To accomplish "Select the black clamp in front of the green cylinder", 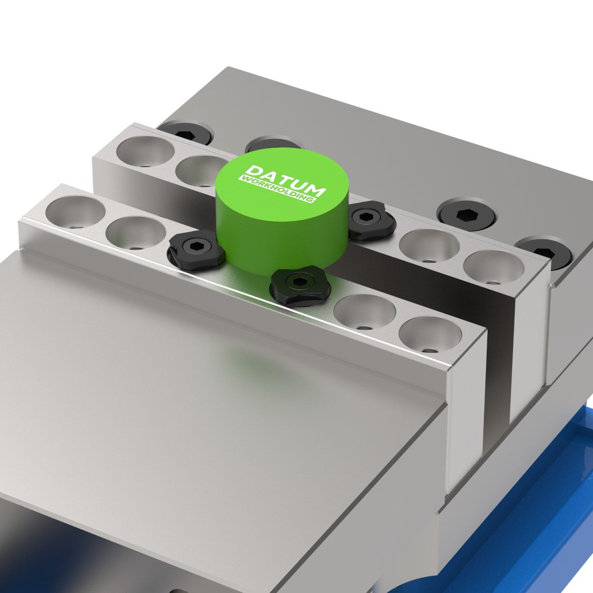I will click(x=299, y=286).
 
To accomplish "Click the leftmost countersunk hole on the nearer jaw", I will click(x=75, y=212).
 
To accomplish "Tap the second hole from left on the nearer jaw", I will click(x=135, y=233).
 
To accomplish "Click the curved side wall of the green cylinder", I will click(x=277, y=237).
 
